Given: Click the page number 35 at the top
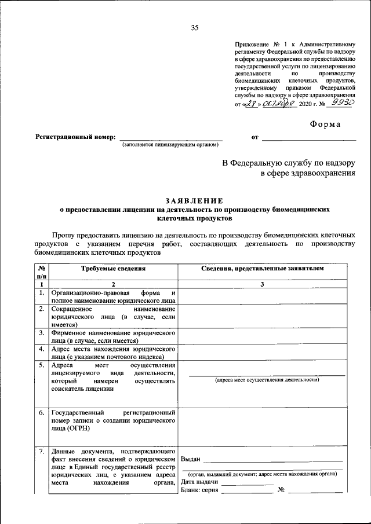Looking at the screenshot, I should pos(195,28).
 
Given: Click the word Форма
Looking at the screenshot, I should pos(325,123).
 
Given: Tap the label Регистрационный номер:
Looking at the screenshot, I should pos(75,137).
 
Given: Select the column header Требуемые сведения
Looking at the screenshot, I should pos(112,269).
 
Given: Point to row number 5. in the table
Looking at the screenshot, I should pos(42,365).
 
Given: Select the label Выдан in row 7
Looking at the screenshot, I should pos(191,459).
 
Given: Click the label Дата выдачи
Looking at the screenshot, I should pos(199,482).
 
